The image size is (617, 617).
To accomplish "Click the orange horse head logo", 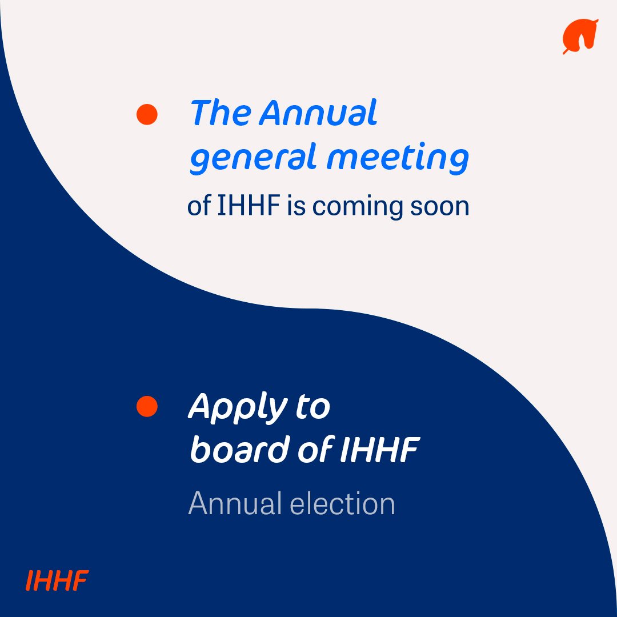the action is click(x=580, y=36).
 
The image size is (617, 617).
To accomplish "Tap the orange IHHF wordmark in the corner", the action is click(x=57, y=580).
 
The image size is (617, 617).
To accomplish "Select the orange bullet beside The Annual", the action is click(x=147, y=114).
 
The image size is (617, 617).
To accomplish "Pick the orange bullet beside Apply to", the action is click(x=147, y=406).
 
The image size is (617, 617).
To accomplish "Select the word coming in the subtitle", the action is click(x=357, y=207).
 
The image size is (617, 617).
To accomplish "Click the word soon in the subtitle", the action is click(x=439, y=207).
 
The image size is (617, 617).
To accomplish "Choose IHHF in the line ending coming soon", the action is click(x=249, y=206).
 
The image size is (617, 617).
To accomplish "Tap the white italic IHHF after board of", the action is click(x=379, y=450).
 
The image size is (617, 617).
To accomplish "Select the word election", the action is click(x=342, y=503).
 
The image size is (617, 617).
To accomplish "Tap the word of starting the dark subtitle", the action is click(x=199, y=206).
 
